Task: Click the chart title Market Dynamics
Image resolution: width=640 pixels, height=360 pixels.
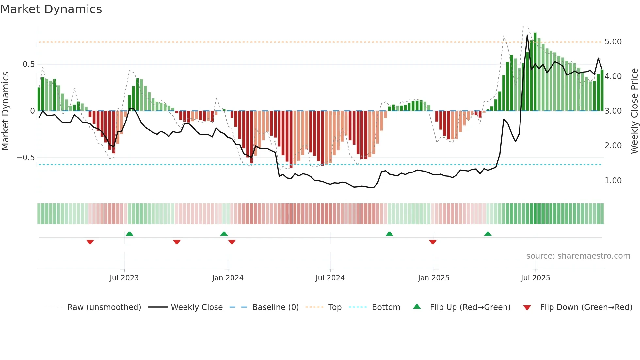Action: (x=51, y=9)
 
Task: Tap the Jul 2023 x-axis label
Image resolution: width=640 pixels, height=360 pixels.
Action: (x=124, y=278)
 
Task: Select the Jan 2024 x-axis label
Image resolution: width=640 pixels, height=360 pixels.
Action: (x=228, y=278)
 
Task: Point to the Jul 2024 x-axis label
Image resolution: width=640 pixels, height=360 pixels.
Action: (x=330, y=278)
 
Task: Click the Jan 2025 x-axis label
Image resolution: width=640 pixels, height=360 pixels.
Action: (x=434, y=278)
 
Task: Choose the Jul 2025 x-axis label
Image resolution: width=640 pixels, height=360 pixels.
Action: (x=536, y=278)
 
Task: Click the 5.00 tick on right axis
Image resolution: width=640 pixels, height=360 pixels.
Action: (x=613, y=42)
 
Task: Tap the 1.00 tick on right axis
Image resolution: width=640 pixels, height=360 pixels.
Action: (x=613, y=181)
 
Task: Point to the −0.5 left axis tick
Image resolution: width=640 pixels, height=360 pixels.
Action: (x=25, y=158)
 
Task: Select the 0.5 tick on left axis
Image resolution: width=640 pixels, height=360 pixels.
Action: (x=28, y=64)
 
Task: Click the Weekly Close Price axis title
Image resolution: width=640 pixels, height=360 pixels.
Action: (x=634, y=111)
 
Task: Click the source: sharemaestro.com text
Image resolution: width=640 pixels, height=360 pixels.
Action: (x=578, y=256)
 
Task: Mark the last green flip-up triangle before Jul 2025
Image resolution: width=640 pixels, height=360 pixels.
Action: (x=488, y=234)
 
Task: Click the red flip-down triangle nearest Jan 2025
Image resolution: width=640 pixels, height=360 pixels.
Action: (x=433, y=242)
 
